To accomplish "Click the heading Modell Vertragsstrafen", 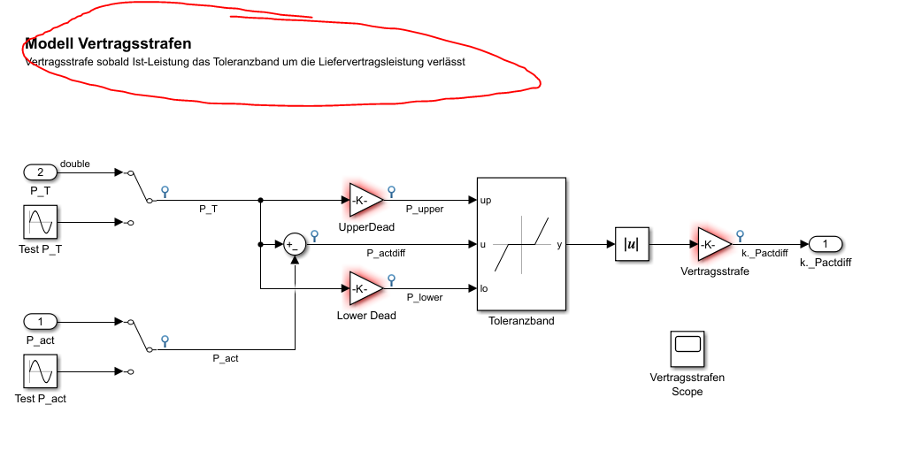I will coord(108,43).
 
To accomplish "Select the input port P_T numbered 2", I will coord(40,172).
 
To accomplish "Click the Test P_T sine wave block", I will coord(40,223).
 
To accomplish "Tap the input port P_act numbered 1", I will coord(40,321).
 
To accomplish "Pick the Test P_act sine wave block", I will coord(40,372).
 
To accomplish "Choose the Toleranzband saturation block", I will coord(521,244).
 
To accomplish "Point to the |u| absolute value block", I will coord(633,244).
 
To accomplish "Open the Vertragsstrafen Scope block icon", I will coord(688,349).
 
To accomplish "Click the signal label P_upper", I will coord(425,210).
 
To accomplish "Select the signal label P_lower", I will coord(425,298).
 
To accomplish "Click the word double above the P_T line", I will coord(74,164).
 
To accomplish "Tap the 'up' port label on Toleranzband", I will coord(486,201).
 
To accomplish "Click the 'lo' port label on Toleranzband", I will coord(485,288).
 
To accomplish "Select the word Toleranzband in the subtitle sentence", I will coord(247,63).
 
